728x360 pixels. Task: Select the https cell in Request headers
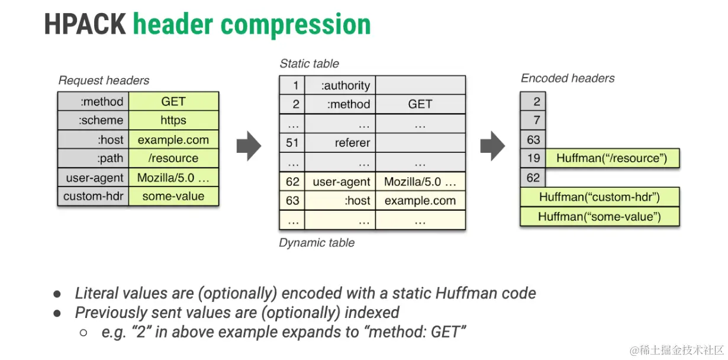173,120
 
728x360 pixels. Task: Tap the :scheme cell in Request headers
94,120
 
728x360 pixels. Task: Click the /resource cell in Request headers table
173,158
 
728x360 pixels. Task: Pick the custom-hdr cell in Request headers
94,196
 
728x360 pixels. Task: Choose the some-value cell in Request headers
173,196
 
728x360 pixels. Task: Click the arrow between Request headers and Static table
249,146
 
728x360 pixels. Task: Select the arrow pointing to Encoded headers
492,146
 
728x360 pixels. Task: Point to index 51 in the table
292,143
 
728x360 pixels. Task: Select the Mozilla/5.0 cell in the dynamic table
420,182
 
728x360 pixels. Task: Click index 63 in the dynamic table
292,201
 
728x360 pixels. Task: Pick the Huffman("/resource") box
611,158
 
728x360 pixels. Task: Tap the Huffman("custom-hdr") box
599,197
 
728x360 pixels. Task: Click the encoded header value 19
533,158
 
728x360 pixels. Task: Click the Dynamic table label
317,243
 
